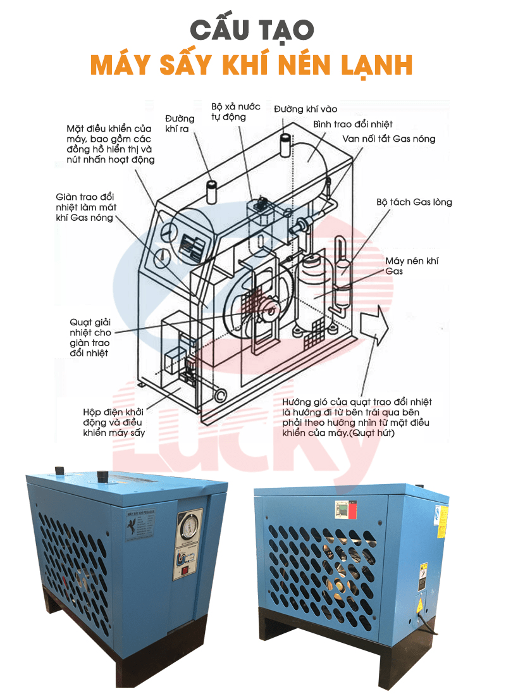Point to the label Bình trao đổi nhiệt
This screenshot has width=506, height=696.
pos(353,124)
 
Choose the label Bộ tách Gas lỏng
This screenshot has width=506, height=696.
pos(414,202)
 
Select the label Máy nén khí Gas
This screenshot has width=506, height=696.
pos(412,266)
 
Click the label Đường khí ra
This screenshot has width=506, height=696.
pos(180,123)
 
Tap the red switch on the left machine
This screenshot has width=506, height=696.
pos(185,568)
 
